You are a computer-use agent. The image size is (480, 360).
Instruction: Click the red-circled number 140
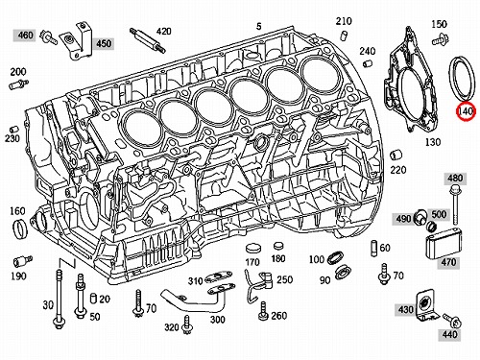click(x=467, y=111)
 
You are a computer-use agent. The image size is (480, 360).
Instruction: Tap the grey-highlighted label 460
click(x=25, y=35)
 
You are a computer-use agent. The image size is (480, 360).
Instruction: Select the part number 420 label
click(x=163, y=31)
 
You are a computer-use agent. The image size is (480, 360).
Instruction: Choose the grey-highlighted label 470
click(x=448, y=262)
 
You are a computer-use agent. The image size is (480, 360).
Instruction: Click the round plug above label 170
click(x=253, y=249)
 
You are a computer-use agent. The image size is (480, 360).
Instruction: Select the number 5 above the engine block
click(x=258, y=26)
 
